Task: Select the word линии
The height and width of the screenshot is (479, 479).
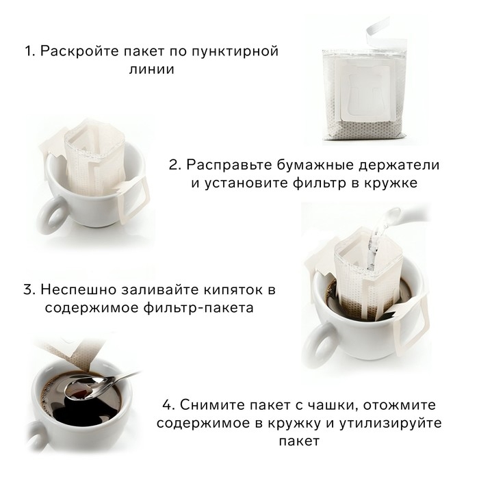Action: [x=151, y=70]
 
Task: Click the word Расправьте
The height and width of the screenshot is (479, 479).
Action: [x=235, y=166]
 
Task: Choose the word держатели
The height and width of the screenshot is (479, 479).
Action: [x=400, y=166]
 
